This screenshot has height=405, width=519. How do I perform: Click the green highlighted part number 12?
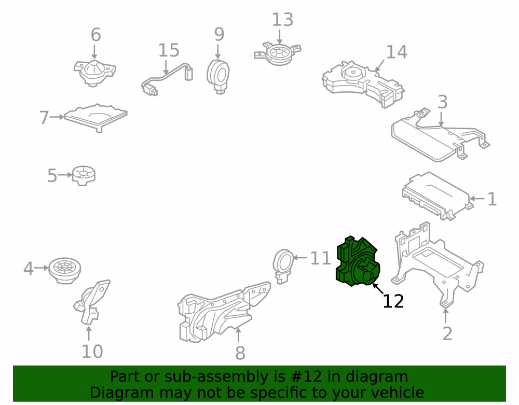(x=358, y=262)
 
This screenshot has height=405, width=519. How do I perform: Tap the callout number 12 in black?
(x=393, y=301)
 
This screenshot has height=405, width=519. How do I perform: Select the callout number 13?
(x=282, y=20)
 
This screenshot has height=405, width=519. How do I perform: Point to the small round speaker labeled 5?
(x=84, y=175)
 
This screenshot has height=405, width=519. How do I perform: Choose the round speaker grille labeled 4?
(x=64, y=270)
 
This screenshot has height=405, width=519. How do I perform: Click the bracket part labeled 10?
(x=91, y=301)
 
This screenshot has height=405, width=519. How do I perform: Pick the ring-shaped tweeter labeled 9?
(x=218, y=77)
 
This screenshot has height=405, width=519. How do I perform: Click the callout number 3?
(x=443, y=102)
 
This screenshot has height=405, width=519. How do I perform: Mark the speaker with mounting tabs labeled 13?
(x=278, y=53)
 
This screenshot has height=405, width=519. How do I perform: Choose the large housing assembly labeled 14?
(x=363, y=84)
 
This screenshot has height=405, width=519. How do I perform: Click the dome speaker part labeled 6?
(x=94, y=73)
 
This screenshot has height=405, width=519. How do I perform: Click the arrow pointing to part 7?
(x=57, y=117)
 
